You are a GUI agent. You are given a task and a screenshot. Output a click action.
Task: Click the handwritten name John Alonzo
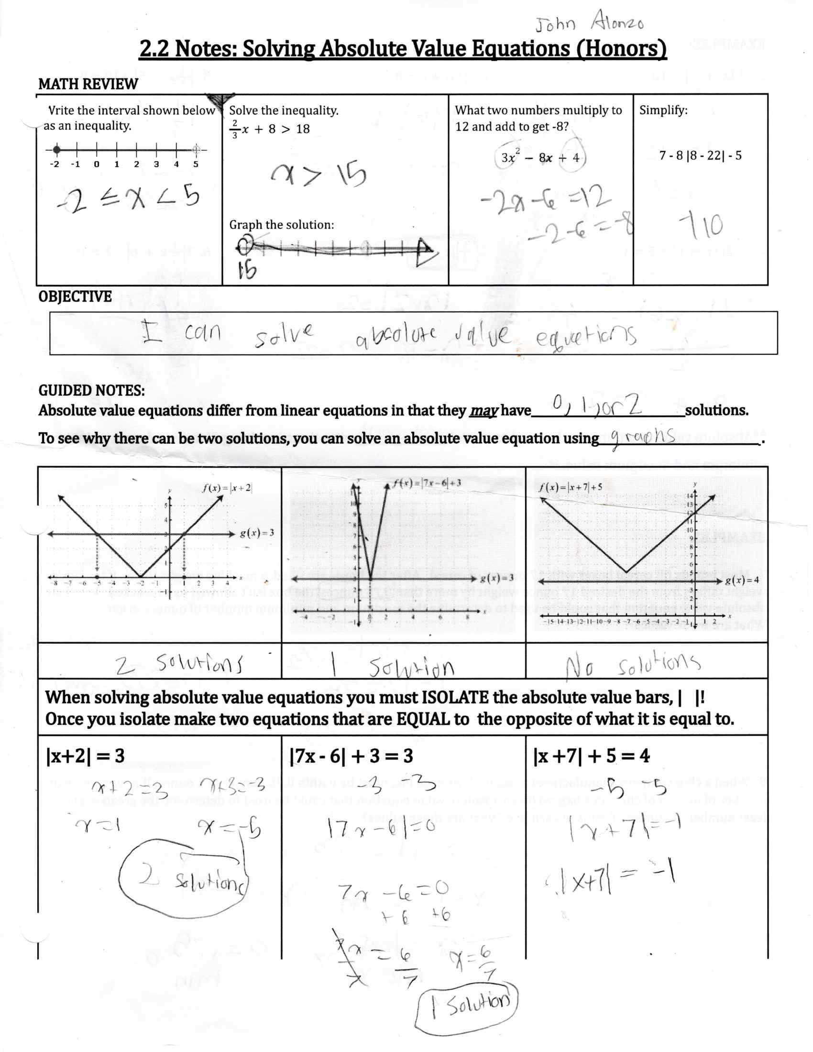pyautogui.click(x=589, y=22)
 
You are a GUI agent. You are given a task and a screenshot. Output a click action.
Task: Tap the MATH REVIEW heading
pyautogui.click(x=88, y=84)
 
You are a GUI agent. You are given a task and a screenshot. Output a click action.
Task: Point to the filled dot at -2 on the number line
pyautogui.click(x=57, y=149)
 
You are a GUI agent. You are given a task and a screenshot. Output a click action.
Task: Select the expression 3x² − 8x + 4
pyautogui.click(x=540, y=157)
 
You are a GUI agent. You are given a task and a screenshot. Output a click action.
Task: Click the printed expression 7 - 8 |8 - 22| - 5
pyautogui.click(x=700, y=155)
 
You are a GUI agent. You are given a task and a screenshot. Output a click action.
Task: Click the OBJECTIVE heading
pyautogui.click(x=75, y=296)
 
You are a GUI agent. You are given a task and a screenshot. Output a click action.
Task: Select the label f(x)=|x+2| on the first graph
pyautogui.click(x=227, y=487)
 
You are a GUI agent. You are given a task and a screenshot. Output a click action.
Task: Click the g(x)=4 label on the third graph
pyautogui.click(x=742, y=580)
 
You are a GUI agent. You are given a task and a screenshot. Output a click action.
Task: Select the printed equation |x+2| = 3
pyautogui.click(x=85, y=756)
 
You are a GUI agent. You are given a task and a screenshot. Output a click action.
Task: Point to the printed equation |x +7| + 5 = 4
pyautogui.click(x=592, y=756)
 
